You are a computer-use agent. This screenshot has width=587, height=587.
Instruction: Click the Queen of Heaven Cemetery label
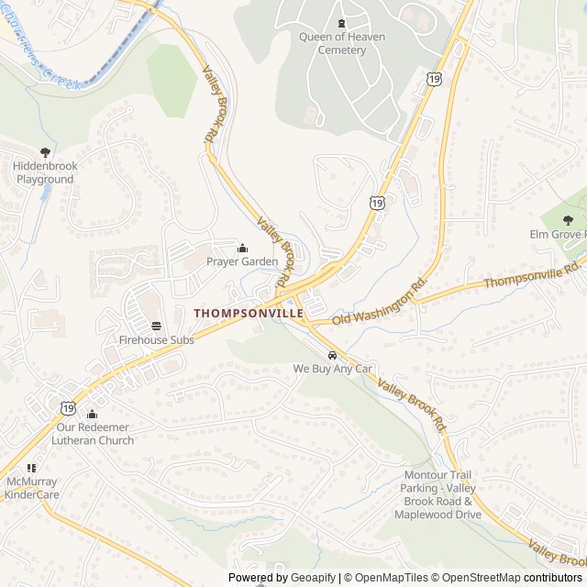tap(341, 43)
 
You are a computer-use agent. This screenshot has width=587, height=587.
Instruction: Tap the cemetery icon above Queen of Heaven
tap(341, 23)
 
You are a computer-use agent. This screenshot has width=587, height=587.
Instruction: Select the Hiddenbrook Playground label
tap(44, 172)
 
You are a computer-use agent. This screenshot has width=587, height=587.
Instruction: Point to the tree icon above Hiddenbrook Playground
tap(45, 152)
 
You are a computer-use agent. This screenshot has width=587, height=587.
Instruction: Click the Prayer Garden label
tap(242, 261)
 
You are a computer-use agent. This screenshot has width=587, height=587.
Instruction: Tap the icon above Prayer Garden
tap(242, 247)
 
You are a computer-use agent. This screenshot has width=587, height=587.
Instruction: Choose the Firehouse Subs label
tap(156, 339)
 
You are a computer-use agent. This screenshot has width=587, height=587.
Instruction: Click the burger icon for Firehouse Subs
tap(156, 325)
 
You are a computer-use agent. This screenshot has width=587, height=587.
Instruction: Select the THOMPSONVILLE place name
tap(249, 313)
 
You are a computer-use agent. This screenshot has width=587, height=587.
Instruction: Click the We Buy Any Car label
tap(332, 368)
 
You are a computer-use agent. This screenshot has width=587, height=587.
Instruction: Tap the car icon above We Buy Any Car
tap(331, 354)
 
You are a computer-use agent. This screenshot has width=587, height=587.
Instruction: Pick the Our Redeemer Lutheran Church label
tap(94, 434)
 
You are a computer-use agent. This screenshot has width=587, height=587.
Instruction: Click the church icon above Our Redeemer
tap(93, 414)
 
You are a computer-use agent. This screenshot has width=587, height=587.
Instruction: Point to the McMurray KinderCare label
tap(32, 488)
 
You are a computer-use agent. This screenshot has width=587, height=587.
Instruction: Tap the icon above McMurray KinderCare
tap(31, 468)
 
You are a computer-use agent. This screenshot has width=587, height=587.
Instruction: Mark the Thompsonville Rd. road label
tap(533, 274)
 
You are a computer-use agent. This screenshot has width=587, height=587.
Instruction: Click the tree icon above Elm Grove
tap(567, 220)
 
